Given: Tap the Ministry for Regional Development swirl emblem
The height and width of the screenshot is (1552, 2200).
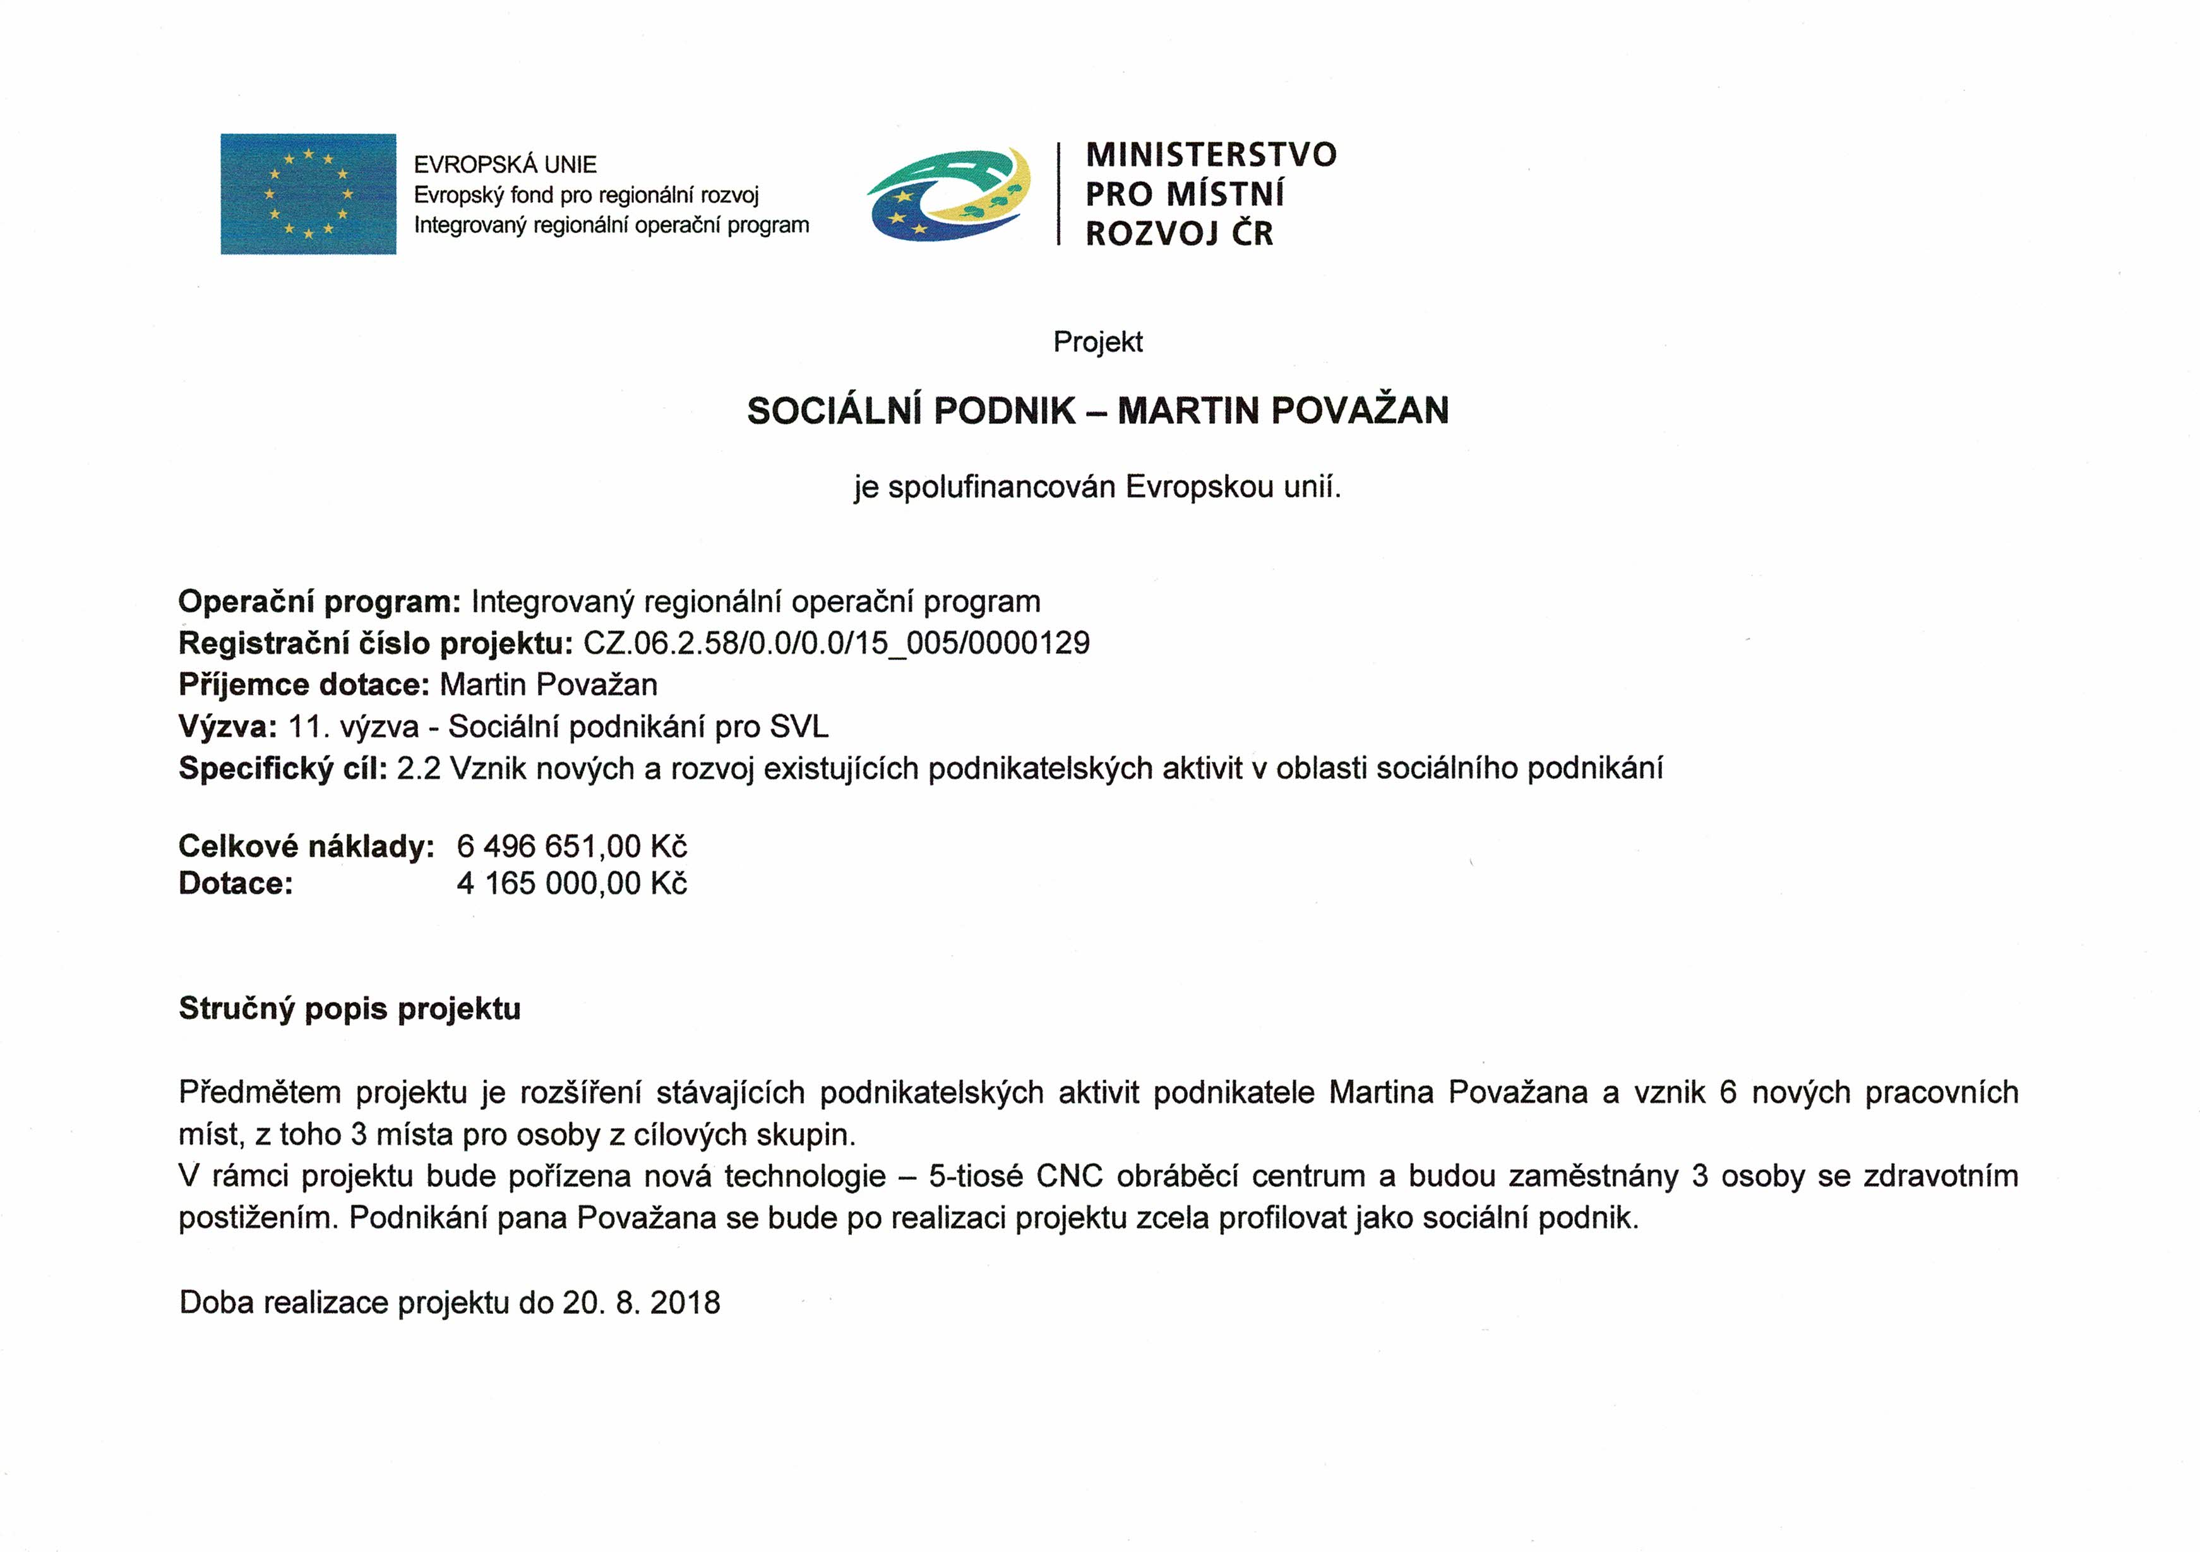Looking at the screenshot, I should [x=948, y=195].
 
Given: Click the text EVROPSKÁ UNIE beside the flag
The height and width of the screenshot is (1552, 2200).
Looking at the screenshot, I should [x=505, y=165].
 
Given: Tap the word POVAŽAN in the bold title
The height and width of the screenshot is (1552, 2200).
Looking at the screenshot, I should [x=1359, y=411].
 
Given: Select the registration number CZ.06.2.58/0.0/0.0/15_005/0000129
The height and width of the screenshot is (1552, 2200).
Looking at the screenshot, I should [x=837, y=642].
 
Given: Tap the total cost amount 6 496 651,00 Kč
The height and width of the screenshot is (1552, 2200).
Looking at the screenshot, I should [x=572, y=846].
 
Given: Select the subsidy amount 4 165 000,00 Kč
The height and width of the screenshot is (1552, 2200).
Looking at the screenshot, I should [x=572, y=883].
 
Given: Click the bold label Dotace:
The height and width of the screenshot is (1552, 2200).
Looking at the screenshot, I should [x=236, y=883].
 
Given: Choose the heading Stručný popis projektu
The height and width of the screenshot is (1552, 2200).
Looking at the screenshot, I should [x=350, y=1009].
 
